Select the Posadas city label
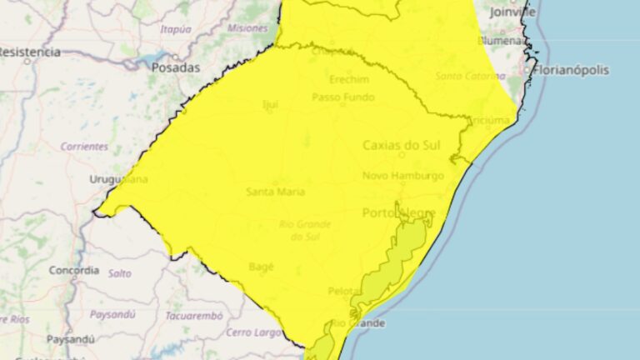pos(176,67)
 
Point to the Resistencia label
pos(29,52)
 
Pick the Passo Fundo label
pos(343,97)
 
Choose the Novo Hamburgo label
pos(403,176)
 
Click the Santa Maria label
pos(275,192)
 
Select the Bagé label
pos(261,267)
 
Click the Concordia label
pos(74,271)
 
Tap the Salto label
pos(119,272)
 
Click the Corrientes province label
pos(84,146)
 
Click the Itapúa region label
pos(175,29)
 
